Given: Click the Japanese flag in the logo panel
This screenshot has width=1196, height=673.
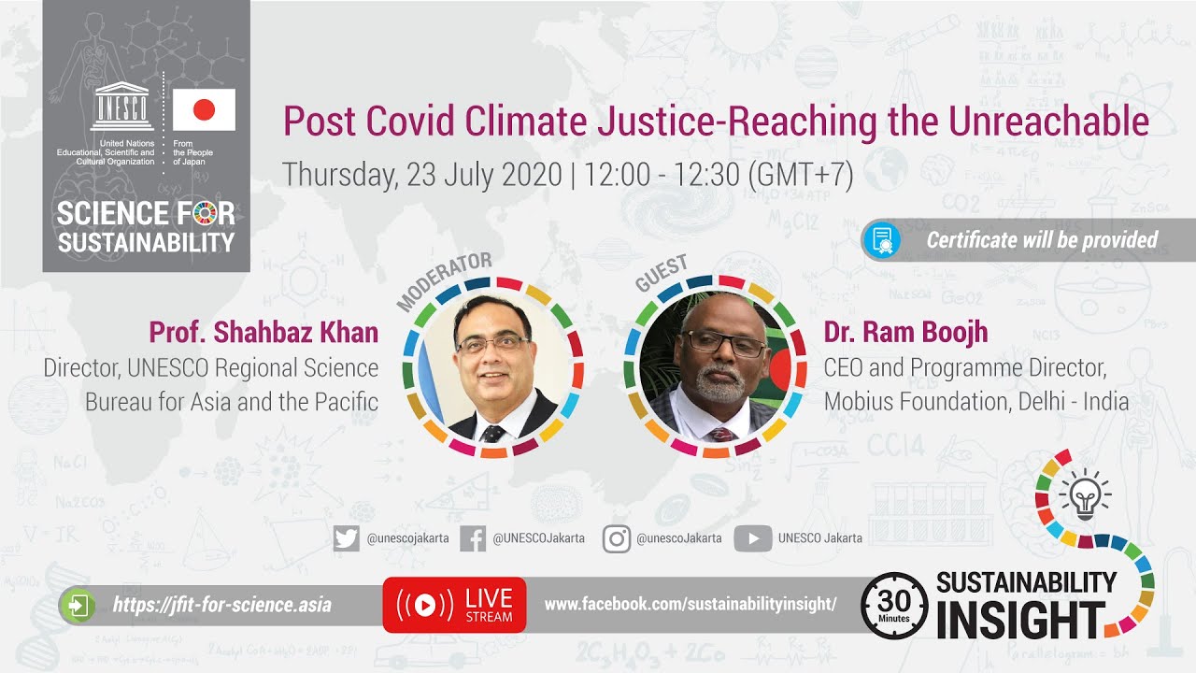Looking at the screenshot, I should (x=204, y=110).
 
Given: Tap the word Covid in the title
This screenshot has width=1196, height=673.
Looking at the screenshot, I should (x=411, y=122).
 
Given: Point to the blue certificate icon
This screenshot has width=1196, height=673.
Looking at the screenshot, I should (x=882, y=240).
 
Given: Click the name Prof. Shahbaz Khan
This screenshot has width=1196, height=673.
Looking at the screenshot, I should (x=263, y=332).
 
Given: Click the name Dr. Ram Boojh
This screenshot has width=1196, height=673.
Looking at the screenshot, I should (x=905, y=332).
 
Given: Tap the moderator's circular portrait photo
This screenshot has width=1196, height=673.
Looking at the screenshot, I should (x=493, y=367).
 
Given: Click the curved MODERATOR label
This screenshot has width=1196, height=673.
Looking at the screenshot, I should (x=443, y=280).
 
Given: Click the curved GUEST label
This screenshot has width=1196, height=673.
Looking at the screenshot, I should (x=661, y=272).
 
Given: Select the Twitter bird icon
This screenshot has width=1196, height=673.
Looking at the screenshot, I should (x=346, y=538).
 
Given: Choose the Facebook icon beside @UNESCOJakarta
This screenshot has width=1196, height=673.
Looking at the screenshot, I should (x=473, y=538).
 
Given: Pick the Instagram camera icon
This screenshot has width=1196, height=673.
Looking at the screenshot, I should (x=616, y=538).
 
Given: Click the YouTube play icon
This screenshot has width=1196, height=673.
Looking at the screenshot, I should (x=752, y=538).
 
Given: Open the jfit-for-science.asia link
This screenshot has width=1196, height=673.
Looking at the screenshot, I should (x=221, y=605).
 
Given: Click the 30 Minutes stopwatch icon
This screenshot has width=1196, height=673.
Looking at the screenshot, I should (x=893, y=605).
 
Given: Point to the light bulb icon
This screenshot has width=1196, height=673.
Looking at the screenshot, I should (x=1084, y=494).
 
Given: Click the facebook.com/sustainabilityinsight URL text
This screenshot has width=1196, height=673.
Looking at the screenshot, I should (x=690, y=605).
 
